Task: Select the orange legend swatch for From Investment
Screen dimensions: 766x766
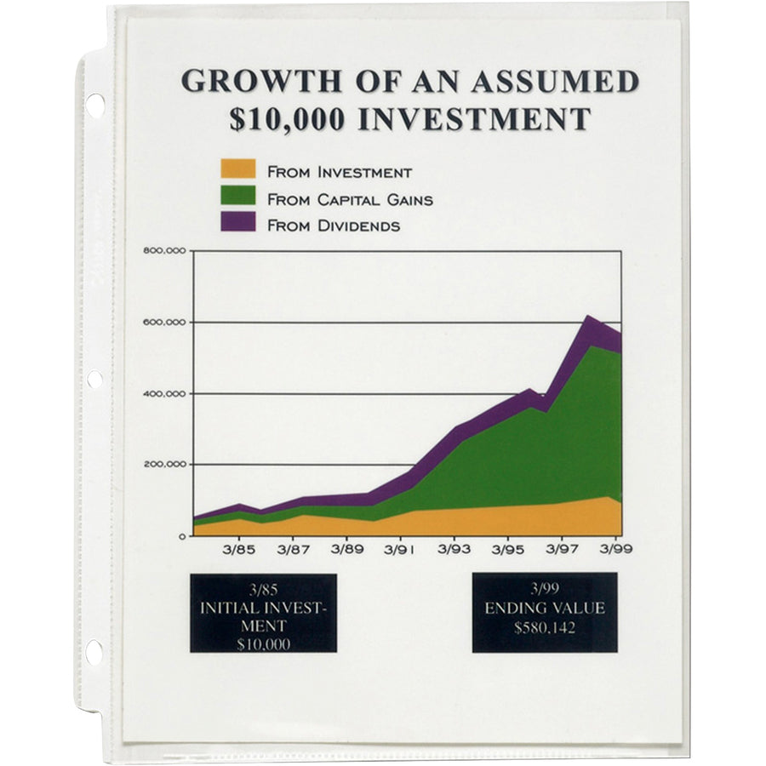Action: click(x=237, y=169)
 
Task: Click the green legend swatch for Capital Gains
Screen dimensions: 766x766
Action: click(x=237, y=196)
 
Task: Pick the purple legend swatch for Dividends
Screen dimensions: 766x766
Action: click(x=237, y=223)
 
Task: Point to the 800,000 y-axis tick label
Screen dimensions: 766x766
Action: click(x=165, y=250)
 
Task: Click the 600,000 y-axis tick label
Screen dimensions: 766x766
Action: click(x=165, y=322)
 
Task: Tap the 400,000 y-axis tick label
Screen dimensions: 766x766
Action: click(x=165, y=393)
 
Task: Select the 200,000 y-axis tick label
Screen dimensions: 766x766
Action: click(x=165, y=465)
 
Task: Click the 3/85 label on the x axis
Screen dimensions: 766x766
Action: click(x=238, y=550)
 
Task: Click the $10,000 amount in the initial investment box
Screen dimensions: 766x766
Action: click(x=263, y=644)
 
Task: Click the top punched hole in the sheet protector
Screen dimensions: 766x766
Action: click(x=94, y=105)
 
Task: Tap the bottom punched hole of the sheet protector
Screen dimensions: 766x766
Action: click(x=94, y=652)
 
